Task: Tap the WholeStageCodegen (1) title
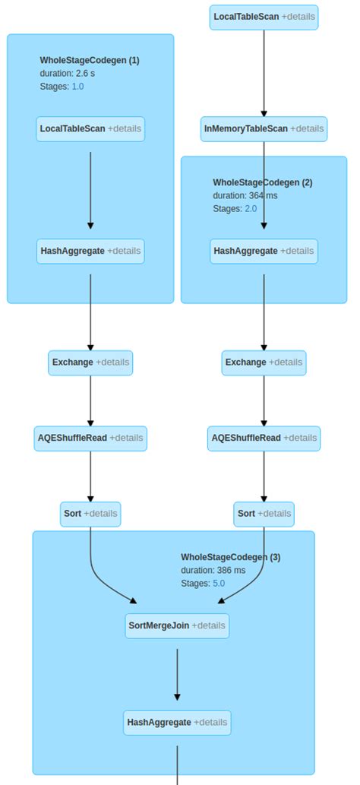click(x=90, y=60)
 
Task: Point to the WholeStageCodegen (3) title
click(x=230, y=557)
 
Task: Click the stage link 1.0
click(x=77, y=87)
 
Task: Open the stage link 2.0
click(x=251, y=208)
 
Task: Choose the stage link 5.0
click(x=218, y=584)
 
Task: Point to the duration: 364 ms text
click(x=245, y=195)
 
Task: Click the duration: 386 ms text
click(x=213, y=570)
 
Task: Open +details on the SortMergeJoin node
click(x=208, y=625)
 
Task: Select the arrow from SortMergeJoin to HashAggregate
click(x=178, y=673)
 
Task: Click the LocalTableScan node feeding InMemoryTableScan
click(x=264, y=17)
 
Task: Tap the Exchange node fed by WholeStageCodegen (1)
click(x=90, y=362)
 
